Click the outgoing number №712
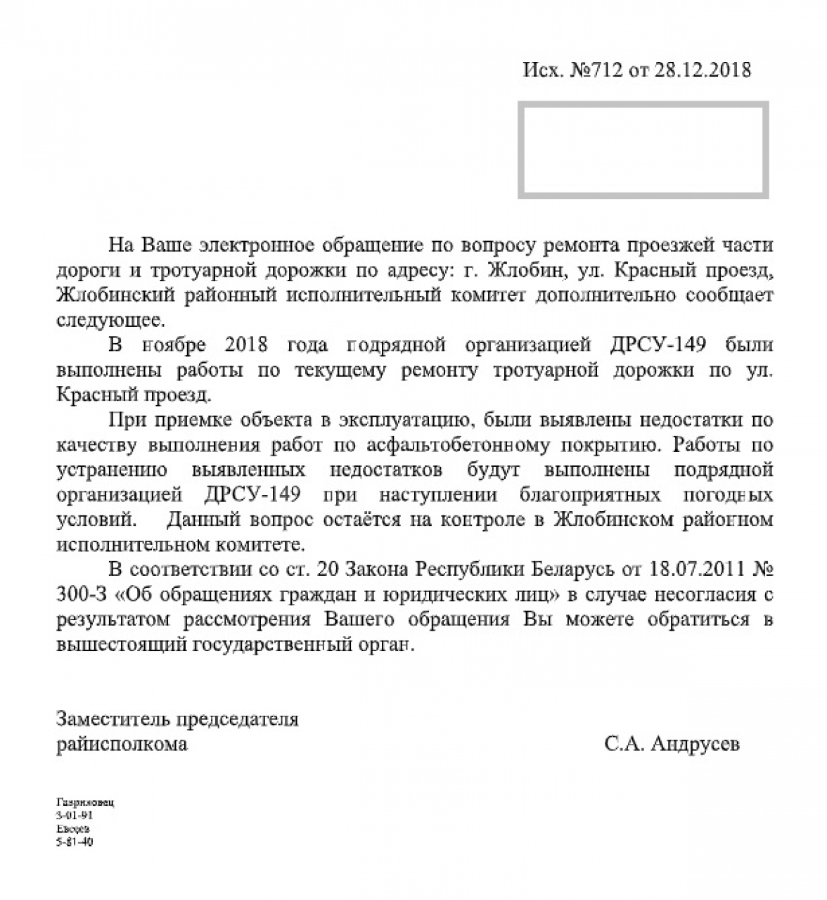596,70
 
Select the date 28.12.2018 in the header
703,70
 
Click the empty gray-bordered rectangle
643,150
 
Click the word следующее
109,320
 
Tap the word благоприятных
591,495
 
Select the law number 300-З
82,595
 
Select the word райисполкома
122,744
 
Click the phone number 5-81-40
74,842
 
